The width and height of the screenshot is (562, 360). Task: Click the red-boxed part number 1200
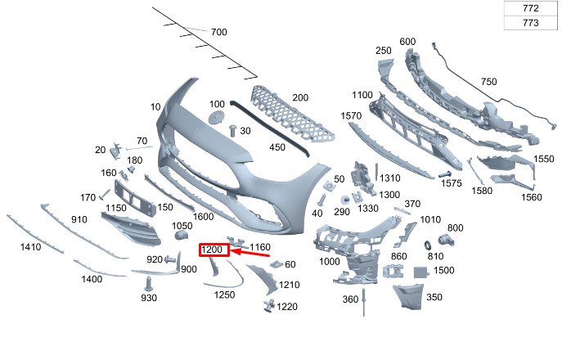coord(213,250)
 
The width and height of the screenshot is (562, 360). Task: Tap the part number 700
coord(218,32)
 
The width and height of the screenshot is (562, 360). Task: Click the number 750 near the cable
coord(488,82)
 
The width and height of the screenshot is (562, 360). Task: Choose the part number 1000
coord(329,261)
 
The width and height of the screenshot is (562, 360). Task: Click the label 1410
coord(30,246)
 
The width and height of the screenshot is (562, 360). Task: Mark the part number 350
coord(434,297)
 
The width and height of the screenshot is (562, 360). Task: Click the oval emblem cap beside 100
coord(217,118)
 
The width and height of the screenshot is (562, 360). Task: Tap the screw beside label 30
coord(233,128)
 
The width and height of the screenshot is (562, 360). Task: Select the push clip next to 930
coord(148,283)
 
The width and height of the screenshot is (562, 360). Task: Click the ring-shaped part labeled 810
coord(427,245)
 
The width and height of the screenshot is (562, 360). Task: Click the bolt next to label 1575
coord(446,174)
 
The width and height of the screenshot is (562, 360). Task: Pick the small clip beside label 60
coord(276,264)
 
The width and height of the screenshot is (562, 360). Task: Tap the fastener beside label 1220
coord(268,306)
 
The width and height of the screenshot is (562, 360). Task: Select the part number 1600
coord(203,216)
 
